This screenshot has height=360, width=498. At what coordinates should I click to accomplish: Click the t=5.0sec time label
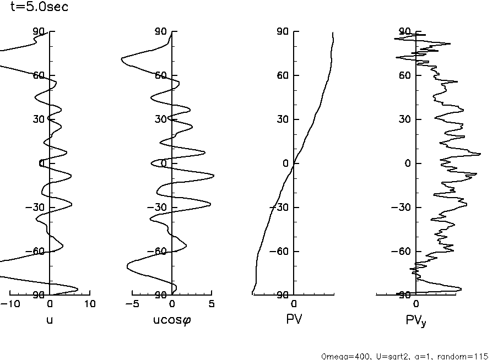pyautogui.click(x=39, y=8)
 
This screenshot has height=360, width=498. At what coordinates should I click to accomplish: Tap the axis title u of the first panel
pyautogui.click(x=50, y=319)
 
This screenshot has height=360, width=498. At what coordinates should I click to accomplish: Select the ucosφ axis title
pyautogui.click(x=172, y=320)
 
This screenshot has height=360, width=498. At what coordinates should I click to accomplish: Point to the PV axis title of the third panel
pyautogui.click(x=294, y=319)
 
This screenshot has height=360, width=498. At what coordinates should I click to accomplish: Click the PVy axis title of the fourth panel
pyautogui.click(x=416, y=320)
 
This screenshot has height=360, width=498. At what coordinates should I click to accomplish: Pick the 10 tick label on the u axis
pyautogui.click(x=90, y=304)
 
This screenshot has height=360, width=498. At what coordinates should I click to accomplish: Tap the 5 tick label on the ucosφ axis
pyautogui.click(x=212, y=304)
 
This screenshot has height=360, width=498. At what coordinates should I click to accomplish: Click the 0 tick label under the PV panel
pyautogui.click(x=294, y=304)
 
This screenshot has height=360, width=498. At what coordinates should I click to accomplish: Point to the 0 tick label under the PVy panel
pyautogui.click(x=416, y=304)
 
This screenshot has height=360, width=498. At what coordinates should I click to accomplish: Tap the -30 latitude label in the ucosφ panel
pyautogui.click(x=161, y=208)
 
